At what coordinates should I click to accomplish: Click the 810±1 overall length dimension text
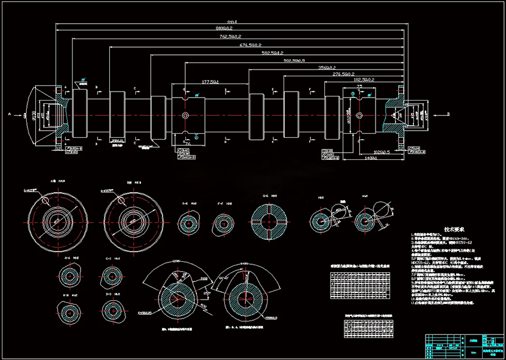231,22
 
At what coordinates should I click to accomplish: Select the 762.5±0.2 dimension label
231,37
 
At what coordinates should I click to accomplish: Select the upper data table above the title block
361,286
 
